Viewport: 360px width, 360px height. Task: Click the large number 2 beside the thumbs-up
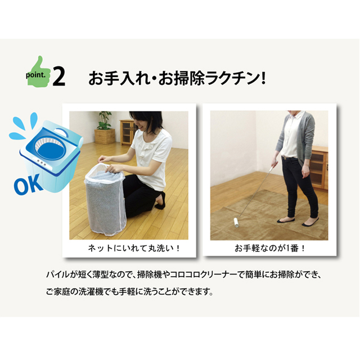[59, 77]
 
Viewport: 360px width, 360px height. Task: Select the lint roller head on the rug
[237, 223]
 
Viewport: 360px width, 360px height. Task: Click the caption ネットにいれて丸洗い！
[134, 248]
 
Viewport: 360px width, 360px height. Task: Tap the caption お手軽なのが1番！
[269, 248]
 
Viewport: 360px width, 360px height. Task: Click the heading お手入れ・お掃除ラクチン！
[177, 78]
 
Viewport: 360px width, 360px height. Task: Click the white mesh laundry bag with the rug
[105, 200]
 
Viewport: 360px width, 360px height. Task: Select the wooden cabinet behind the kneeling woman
[127, 132]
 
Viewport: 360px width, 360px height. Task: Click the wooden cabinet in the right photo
[319, 168]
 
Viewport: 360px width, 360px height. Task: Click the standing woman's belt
[289, 157]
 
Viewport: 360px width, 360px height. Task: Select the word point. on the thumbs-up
[35, 75]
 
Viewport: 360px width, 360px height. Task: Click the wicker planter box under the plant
[105, 136]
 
